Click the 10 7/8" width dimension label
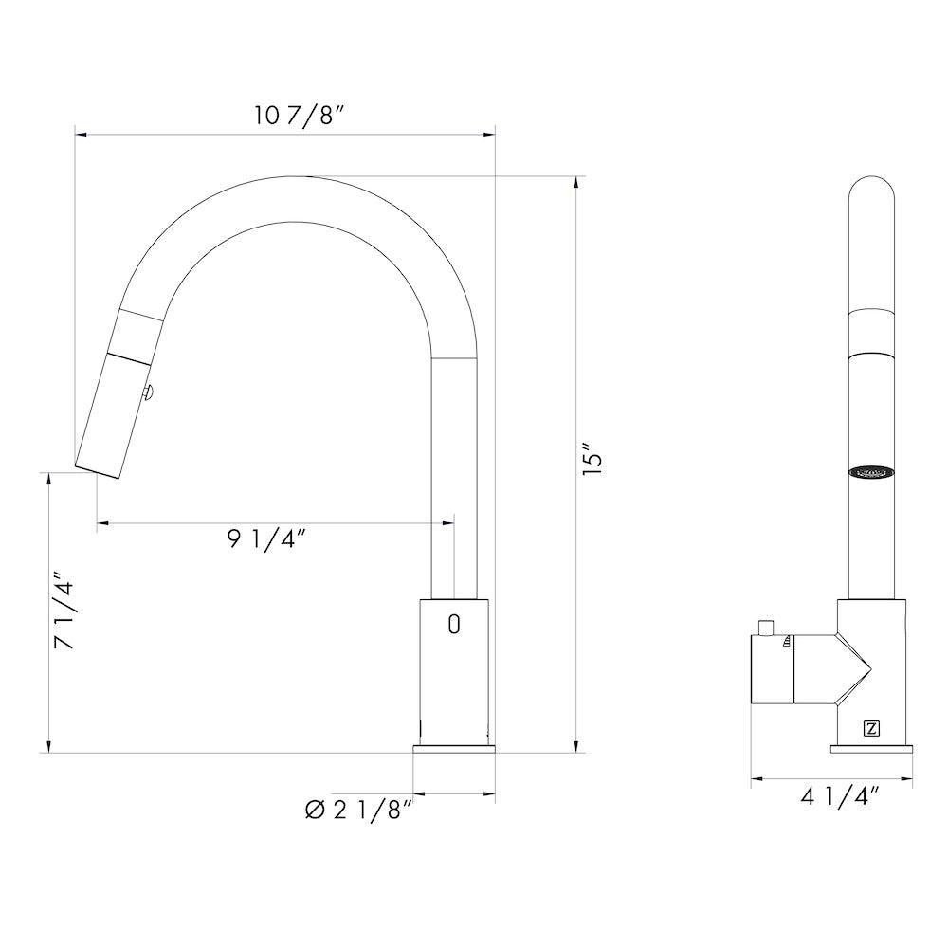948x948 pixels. (x=299, y=116)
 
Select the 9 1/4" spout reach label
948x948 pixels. (x=265, y=539)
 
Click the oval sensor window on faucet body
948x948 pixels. (x=453, y=624)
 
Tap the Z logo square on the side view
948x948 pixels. (x=871, y=728)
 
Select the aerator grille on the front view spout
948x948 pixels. (x=871, y=471)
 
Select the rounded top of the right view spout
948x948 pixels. (x=871, y=194)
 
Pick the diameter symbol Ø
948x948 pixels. (x=316, y=811)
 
